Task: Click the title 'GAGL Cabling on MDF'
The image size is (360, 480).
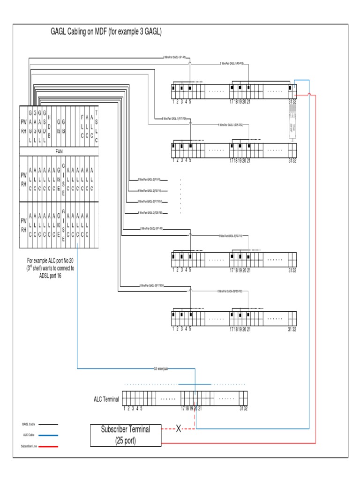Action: (106, 32)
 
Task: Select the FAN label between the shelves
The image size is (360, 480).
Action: (59, 152)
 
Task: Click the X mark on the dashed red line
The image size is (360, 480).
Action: (178, 428)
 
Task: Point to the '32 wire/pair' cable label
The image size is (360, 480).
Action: (161, 368)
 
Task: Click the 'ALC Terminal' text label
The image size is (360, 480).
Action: (106, 399)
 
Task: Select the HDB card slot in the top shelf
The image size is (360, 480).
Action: (49, 125)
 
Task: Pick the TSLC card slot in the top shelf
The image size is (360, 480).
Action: (97, 125)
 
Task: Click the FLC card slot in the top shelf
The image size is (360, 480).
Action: (82, 125)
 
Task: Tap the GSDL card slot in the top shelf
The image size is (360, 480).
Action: (44, 125)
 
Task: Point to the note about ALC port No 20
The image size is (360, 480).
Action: (50, 268)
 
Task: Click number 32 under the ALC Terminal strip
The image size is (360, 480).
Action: (246, 408)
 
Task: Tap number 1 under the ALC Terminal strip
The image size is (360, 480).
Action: (125, 408)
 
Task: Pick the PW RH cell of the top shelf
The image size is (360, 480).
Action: (24, 125)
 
